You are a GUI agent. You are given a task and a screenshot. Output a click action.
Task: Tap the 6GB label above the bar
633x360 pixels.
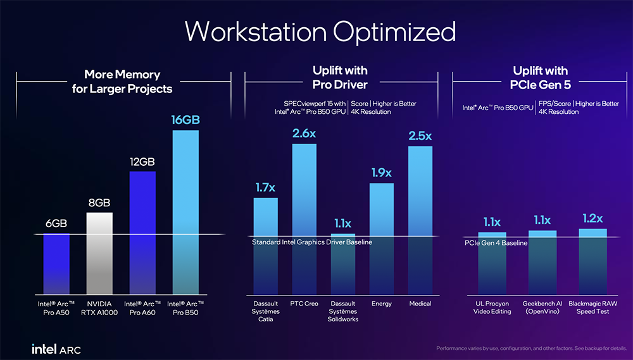pos(56,223)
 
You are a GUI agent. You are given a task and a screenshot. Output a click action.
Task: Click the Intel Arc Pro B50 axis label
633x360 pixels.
pos(185,307)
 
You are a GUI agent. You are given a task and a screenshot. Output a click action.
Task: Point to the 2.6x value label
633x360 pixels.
pos(304,134)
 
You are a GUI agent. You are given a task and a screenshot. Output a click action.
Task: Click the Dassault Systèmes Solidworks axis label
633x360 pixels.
pos(344,311)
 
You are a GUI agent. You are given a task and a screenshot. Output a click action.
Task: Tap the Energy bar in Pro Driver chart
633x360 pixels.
pos(382,234)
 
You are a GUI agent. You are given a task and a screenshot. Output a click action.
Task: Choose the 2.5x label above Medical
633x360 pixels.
pos(420,136)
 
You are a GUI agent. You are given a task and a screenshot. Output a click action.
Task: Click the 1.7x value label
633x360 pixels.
pos(265,188)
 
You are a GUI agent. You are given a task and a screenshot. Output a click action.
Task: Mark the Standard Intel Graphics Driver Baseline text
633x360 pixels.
pos(312,242)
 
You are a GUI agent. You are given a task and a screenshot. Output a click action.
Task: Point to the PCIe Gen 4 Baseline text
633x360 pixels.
pos(496,243)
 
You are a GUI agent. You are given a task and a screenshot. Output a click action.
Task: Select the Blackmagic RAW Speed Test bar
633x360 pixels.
pos(593,259)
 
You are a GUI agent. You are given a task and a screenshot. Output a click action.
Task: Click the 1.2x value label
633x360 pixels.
pos(593,218)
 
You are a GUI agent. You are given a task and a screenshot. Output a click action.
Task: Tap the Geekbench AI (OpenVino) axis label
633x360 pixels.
pos(542,307)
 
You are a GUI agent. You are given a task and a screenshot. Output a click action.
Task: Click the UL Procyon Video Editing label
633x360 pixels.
pos(492,307)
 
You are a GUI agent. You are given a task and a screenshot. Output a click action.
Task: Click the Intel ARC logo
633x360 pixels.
pos(56,349)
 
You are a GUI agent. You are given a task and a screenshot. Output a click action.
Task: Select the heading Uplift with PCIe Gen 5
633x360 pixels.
pos(540,77)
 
